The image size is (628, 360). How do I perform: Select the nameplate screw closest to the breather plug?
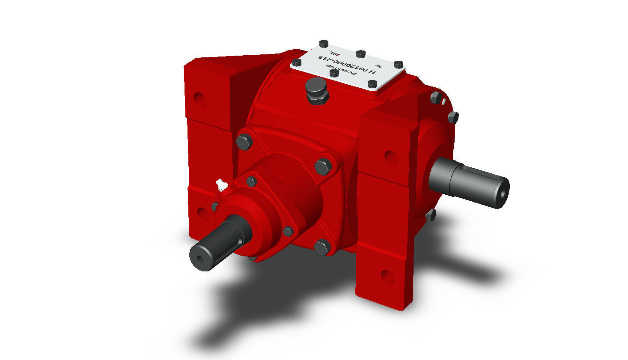coord(334,74)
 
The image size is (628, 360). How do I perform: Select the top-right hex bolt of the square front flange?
coord(323,166)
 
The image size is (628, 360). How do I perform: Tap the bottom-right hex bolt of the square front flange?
coord(322,247)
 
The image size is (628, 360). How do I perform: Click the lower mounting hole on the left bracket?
coord(200,212)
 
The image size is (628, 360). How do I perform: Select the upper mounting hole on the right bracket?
coord(391,157)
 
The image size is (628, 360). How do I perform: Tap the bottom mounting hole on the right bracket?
coord(387,276)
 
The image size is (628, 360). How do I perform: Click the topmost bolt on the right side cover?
coord(435,98)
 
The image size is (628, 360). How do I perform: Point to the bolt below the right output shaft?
coord(432,215)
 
